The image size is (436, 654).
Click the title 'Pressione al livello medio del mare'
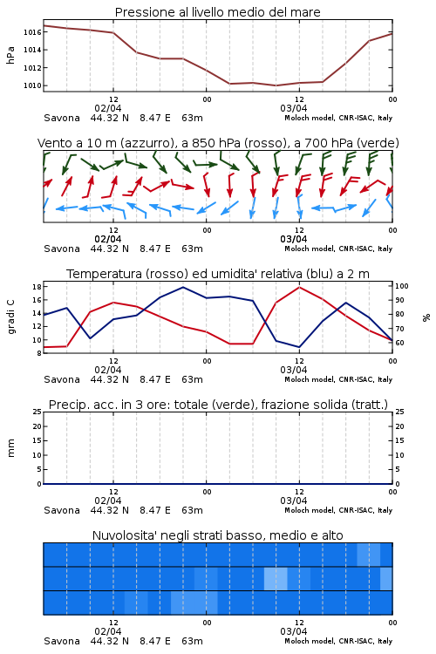217,12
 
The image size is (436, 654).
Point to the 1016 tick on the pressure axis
32,32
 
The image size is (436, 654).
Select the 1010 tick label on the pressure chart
32,85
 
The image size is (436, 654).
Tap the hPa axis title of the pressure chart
10,55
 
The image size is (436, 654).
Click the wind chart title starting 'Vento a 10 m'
218,143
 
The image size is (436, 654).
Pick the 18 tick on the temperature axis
37,287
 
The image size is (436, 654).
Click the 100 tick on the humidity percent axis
402,286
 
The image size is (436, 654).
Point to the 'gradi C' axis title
11,317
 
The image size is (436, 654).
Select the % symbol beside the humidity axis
426,317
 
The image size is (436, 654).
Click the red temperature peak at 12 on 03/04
299,288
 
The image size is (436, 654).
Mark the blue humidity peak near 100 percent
183,288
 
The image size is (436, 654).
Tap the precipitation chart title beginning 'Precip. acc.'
218,405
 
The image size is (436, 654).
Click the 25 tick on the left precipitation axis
37,412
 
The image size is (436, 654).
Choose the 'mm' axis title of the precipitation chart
10,448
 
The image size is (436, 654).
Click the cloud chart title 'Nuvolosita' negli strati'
218,535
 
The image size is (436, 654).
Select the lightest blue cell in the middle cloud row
276,578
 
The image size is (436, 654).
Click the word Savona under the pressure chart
62,118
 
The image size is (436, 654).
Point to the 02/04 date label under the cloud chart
108,631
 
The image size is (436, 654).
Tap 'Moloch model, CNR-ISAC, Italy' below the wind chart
338,249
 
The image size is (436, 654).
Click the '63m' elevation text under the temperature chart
193,379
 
